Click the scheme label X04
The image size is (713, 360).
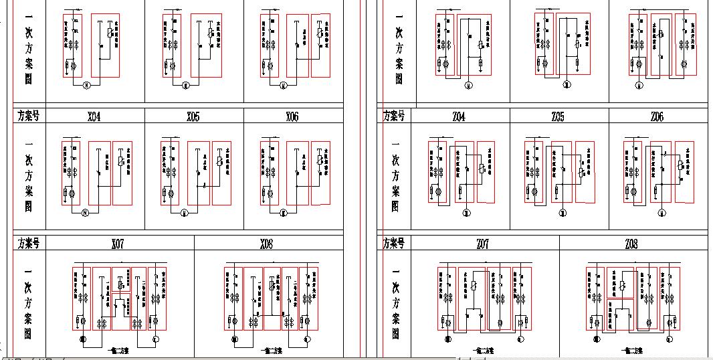(94, 117)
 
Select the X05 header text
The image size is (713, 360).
(193, 117)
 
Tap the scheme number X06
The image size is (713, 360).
(292, 117)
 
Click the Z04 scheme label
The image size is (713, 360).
(459, 117)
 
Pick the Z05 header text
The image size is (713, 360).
(558, 117)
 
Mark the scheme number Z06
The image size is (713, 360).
(657, 117)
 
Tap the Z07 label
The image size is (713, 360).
(482, 244)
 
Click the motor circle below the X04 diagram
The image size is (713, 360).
(86, 213)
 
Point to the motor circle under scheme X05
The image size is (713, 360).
(184, 213)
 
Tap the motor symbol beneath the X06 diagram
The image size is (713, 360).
(284, 213)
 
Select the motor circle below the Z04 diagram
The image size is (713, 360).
(466, 213)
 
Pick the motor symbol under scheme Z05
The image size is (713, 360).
(563, 213)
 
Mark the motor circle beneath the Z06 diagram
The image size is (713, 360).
(661, 213)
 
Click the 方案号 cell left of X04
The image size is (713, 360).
(28, 116)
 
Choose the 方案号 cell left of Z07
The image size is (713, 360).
(395, 244)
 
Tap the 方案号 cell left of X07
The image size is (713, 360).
(28, 244)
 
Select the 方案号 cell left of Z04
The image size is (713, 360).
(395, 116)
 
